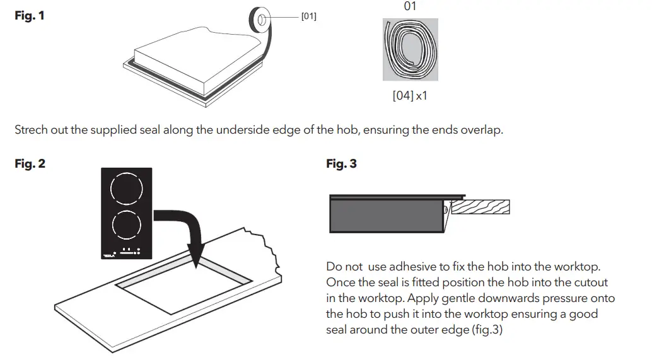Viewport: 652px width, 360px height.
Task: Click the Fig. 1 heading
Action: coord(30,15)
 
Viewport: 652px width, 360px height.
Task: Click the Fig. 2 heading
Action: coord(30,164)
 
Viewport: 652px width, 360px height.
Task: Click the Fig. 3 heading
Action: coord(341,164)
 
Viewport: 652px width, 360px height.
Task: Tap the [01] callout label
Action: coord(308,16)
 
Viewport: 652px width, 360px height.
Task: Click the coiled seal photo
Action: coord(410,49)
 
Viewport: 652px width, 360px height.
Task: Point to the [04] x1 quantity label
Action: coord(410,96)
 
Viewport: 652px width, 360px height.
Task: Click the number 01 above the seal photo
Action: coord(410,6)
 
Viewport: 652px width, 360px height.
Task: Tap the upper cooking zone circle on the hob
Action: coord(126,188)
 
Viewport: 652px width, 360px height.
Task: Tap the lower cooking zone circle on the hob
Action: coord(126,225)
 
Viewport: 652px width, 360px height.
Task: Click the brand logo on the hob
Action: coord(108,255)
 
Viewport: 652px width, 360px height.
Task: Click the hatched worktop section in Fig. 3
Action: coord(480,207)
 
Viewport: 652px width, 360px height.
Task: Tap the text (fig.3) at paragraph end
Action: coord(486,330)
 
